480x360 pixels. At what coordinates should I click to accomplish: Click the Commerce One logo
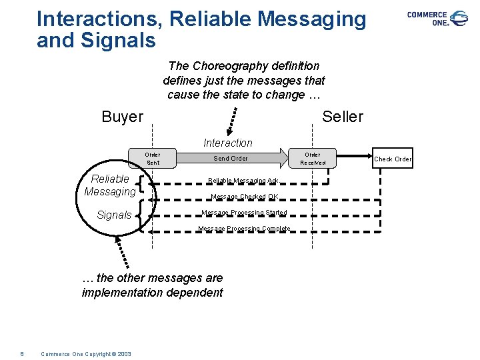(437, 18)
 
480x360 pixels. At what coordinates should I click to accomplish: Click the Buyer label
(122, 117)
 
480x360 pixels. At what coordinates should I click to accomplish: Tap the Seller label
(342, 117)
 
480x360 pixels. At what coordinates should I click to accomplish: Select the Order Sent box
(153, 159)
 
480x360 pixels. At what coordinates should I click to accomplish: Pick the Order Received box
(313, 159)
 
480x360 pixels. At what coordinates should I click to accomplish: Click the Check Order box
(393, 159)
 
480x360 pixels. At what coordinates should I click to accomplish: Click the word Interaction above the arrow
(228, 143)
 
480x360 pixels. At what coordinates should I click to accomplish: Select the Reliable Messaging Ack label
(243, 181)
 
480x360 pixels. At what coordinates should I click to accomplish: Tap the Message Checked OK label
(244, 197)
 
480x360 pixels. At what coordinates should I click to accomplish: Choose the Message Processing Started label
(244, 213)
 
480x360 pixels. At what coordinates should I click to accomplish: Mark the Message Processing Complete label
(244, 229)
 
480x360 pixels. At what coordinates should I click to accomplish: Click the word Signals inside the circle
(114, 215)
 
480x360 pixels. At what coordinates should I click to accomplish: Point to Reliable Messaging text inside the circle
(110, 185)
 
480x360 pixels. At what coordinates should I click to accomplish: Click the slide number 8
(22, 353)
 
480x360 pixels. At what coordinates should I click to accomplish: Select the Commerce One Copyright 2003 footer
(86, 353)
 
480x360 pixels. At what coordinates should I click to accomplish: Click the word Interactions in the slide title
(99, 19)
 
